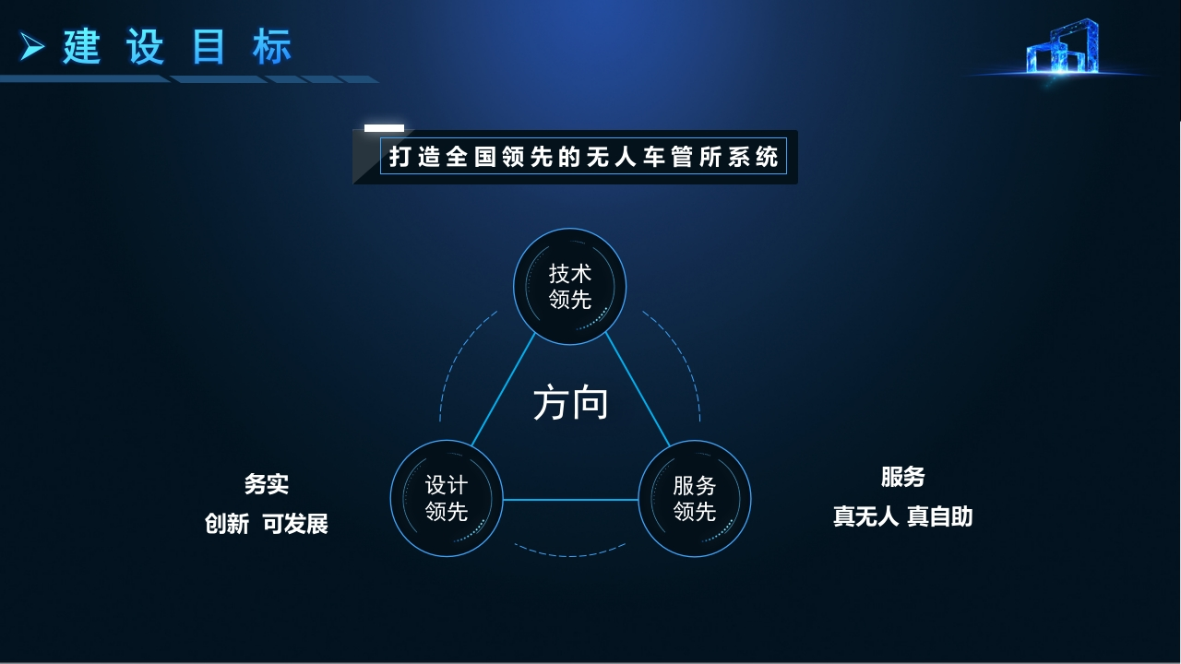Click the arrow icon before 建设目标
pyautogui.click(x=31, y=46)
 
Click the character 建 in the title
pyautogui.click(x=82, y=47)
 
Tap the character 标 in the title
pyautogui.click(x=272, y=47)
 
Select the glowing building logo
pyautogui.click(x=1062, y=47)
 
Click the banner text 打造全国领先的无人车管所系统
pyautogui.click(x=583, y=157)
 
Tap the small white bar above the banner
pyautogui.click(x=384, y=127)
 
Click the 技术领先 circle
pyautogui.click(x=569, y=286)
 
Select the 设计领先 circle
pyautogui.click(x=447, y=498)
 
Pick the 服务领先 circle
pyautogui.click(x=695, y=498)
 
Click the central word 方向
pyautogui.click(x=570, y=403)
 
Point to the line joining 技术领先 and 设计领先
pyautogui.click(x=503, y=390)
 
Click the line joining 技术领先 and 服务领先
pyautogui.click(x=638, y=390)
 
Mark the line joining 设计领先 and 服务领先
pyautogui.click(x=570, y=500)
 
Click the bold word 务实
pyautogui.click(x=267, y=484)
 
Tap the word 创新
pyautogui.click(x=227, y=523)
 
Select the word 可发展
pyautogui.click(x=295, y=523)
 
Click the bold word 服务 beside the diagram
pyautogui.click(x=902, y=477)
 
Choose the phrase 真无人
pyautogui.click(x=865, y=516)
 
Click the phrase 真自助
pyautogui.click(x=940, y=516)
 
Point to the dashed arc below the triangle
pyautogui.click(x=569, y=555)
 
